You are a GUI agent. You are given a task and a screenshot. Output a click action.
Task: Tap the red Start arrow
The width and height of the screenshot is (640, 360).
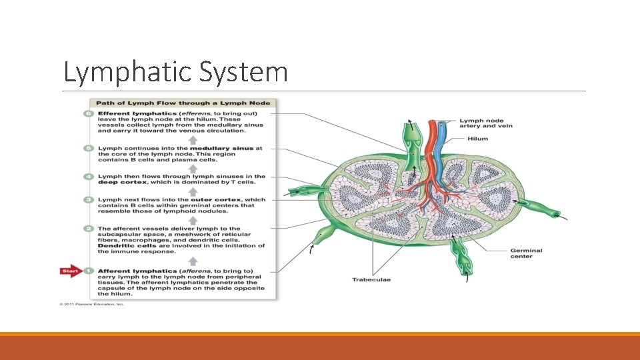(x=69, y=271)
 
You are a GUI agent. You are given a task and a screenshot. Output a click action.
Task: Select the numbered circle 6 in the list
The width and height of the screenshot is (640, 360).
(x=89, y=114)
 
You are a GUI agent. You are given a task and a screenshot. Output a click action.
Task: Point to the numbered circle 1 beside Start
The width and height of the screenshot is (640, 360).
(x=89, y=271)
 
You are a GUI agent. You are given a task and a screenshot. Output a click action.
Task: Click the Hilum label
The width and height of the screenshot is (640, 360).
(x=477, y=139)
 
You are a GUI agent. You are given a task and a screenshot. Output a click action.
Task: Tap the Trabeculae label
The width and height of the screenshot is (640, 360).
(x=371, y=280)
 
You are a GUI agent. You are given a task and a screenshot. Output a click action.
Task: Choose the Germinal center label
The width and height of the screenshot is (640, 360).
(x=526, y=253)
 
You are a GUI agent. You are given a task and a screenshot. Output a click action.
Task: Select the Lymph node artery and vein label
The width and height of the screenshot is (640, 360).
(x=486, y=123)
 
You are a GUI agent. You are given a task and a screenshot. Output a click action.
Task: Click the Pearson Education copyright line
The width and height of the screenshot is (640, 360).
(x=91, y=305)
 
